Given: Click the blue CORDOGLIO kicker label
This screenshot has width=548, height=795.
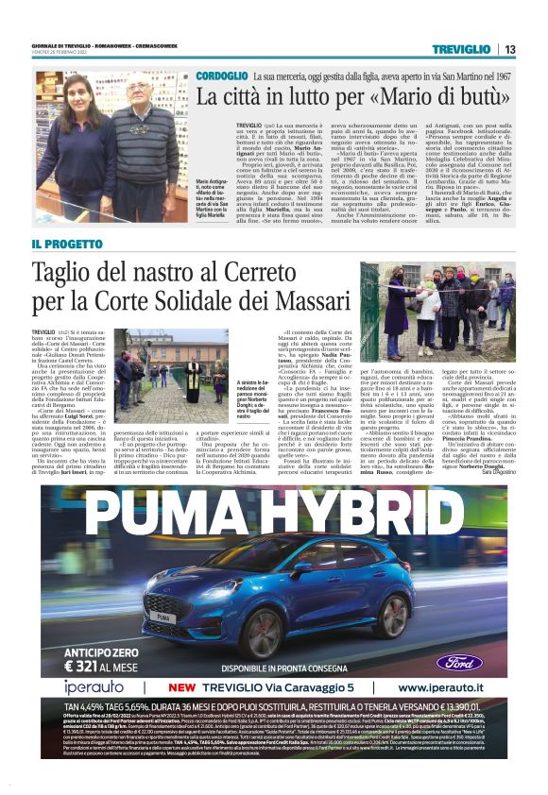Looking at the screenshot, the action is click(222, 75).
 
